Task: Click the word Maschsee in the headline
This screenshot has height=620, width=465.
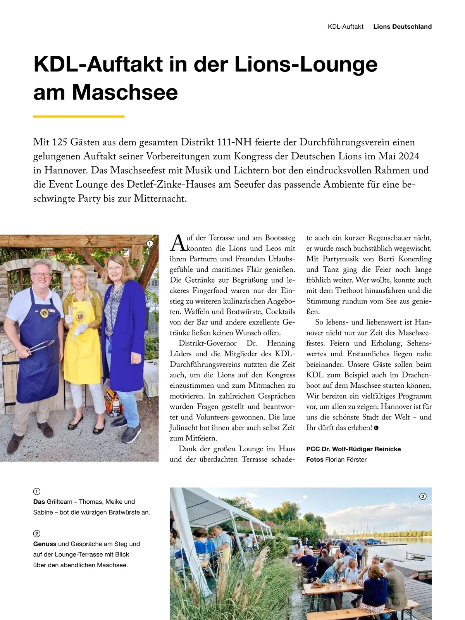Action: (124, 92)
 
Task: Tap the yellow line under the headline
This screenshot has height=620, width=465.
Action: (79, 116)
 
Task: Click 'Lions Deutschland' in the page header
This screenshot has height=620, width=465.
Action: (402, 27)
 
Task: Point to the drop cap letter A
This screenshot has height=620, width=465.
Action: (177, 243)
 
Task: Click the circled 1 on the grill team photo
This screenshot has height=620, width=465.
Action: (150, 244)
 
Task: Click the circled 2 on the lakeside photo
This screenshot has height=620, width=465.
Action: (423, 496)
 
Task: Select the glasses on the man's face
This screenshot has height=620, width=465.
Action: (41, 275)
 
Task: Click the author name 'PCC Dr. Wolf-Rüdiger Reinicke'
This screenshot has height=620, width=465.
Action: (353, 449)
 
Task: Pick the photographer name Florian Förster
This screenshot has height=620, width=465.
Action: (346, 459)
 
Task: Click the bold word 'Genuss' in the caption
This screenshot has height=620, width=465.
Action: (45, 544)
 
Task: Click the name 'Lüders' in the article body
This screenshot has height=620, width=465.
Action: (182, 354)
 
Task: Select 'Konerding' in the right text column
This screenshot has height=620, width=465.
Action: (415, 259)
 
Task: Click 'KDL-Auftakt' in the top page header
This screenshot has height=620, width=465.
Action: (346, 27)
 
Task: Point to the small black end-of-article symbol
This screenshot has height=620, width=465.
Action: (376, 428)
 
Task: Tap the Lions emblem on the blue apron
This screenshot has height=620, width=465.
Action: (43, 312)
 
